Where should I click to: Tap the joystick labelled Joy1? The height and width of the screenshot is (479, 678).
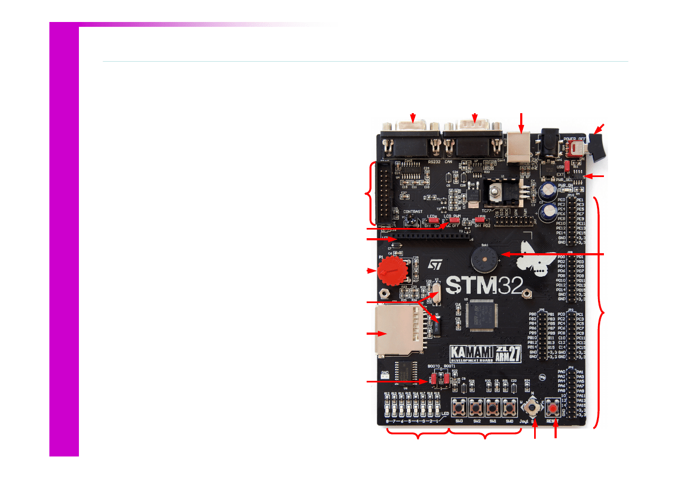pos(532,410)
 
